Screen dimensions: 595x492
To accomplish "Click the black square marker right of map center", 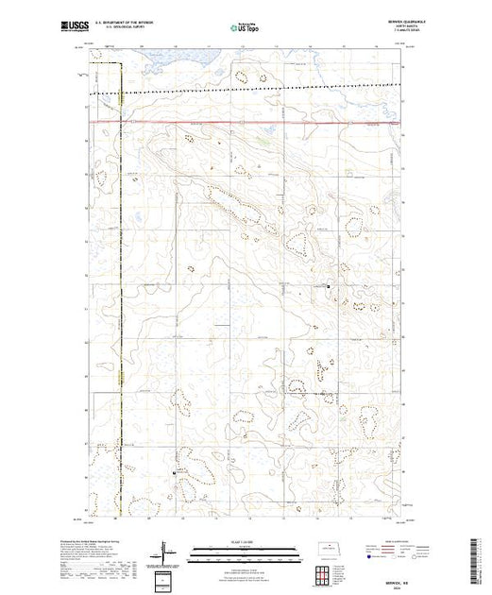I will [329, 286].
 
